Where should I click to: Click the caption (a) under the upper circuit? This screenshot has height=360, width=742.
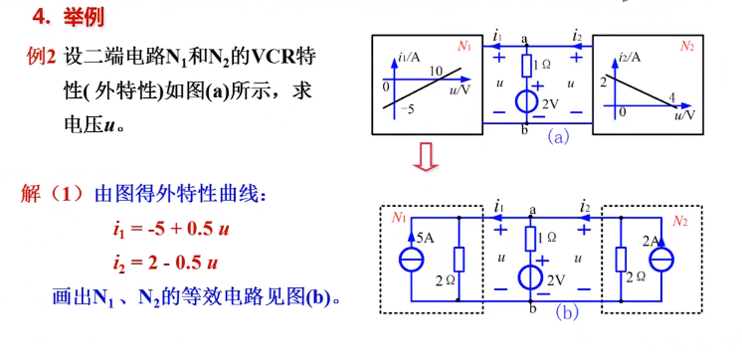click(x=558, y=138)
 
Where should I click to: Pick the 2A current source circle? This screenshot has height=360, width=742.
click(x=660, y=262)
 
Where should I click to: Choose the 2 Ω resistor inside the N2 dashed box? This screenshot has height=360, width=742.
click(x=619, y=261)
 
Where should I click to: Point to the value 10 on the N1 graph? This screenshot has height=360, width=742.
click(x=436, y=71)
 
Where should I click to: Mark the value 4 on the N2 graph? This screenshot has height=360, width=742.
click(x=672, y=97)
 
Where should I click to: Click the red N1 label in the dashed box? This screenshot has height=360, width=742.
click(x=399, y=218)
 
